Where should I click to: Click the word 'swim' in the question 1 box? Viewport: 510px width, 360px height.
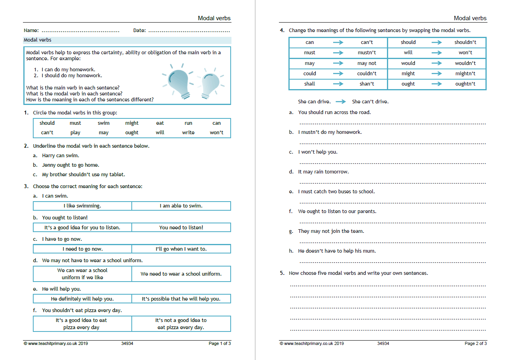click(x=104, y=123)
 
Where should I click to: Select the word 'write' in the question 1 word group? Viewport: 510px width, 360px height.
click(x=188, y=133)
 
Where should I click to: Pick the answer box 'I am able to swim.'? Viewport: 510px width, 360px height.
click(x=181, y=206)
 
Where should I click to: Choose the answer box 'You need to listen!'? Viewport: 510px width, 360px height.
click(x=181, y=228)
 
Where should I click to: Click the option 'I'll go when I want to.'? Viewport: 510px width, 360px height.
click(x=181, y=249)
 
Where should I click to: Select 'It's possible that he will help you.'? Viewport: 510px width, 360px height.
click(x=181, y=299)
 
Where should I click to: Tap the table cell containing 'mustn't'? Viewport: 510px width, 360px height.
click(x=367, y=53)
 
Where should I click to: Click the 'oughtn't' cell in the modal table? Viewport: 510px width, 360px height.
click(x=465, y=84)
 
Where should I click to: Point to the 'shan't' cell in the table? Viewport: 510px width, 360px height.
click(x=367, y=84)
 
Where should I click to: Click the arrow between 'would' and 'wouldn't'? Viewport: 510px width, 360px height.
click(x=436, y=63)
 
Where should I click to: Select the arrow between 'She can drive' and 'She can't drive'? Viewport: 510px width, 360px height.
click(x=340, y=102)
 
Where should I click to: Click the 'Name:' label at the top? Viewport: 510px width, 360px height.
click(x=31, y=30)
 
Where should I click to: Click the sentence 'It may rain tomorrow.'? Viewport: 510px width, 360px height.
click(x=323, y=172)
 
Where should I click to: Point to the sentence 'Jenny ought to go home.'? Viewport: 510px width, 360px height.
click(x=70, y=165)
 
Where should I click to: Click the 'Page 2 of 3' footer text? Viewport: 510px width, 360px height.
click(x=476, y=343)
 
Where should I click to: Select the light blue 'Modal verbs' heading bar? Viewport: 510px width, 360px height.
click(x=127, y=40)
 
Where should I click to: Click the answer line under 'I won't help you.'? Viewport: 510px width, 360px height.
click(x=392, y=162)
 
